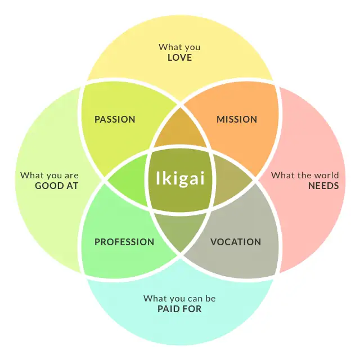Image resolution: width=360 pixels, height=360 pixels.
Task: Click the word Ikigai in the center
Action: pos(179,179)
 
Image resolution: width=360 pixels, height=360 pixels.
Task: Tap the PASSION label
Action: pos(115,119)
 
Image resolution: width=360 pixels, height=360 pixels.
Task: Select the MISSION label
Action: pos(237,119)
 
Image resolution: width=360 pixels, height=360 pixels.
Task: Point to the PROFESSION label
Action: pos(124,242)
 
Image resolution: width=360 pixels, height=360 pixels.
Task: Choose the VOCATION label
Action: pos(236,242)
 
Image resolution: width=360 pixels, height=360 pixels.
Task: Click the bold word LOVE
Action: pos(179,57)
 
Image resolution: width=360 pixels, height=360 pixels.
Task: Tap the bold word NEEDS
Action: pos(323,185)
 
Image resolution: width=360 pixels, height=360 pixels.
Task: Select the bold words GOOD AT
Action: pos(57,185)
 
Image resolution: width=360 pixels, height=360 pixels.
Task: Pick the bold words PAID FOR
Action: pos(179,309)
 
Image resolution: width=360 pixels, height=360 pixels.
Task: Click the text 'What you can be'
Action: pos(179,299)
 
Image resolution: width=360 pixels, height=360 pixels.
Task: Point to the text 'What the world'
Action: pos(305,175)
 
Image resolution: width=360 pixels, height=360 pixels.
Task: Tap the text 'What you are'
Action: pos(49,175)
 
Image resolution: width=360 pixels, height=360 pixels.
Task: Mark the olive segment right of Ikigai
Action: pos(232,180)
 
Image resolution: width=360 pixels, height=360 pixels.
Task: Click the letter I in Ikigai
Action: pos(158,179)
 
